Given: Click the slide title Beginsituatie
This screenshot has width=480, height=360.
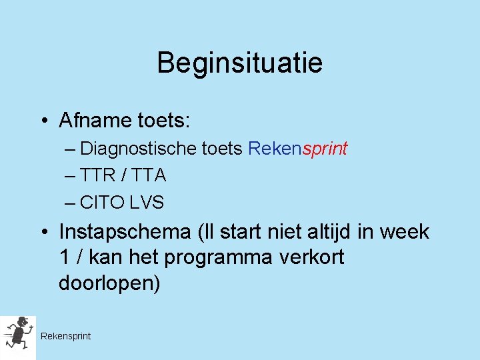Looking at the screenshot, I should click(x=239, y=63).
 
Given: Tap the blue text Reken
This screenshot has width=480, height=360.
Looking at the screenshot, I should click(x=275, y=149).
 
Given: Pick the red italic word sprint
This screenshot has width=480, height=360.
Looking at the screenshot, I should click(x=325, y=149).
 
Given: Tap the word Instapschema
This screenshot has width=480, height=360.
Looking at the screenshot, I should click(x=125, y=233).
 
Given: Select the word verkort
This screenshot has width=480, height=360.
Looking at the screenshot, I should click(x=311, y=257).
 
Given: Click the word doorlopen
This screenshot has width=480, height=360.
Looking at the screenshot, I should click(x=109, y=283).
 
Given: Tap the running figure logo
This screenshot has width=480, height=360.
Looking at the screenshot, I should click(x=17, y=337).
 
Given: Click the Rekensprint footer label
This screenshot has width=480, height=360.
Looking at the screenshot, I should click(x=65, y=336).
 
